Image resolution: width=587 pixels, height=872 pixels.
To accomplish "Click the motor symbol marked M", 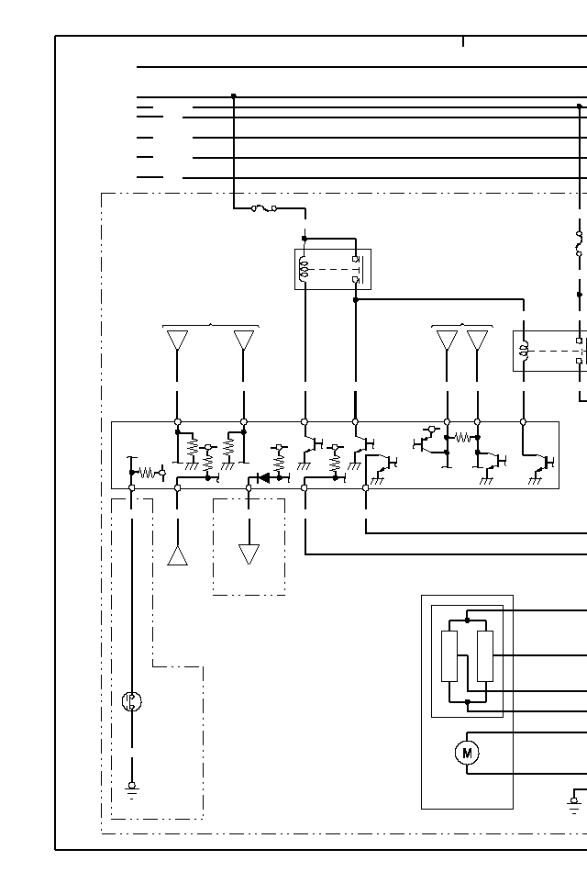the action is [x=467, y=754].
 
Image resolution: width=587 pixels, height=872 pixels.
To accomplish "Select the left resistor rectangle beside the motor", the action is [x=449, y=655].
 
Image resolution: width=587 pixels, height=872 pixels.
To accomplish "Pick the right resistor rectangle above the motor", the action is [x=485, y=655].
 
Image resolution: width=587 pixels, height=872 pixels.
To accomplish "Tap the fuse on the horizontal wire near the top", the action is [x=264, y=208].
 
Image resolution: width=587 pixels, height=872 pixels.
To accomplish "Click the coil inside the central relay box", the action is [x=304, y=270].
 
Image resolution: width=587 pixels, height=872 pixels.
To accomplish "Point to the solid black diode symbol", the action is [x=262, y=477].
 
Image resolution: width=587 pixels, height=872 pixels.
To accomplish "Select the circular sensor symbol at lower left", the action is [x=132, y=702].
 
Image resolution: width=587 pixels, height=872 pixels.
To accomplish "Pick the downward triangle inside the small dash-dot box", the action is [x=249, y=554].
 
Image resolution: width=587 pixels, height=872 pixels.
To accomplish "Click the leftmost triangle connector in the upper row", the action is [x=178, y=341].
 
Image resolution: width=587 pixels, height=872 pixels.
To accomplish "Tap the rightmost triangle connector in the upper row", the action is [x=478, y=341].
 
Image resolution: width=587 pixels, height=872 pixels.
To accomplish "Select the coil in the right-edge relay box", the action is [x=524, y=350].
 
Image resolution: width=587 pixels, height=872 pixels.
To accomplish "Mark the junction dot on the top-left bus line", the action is [x=234, y=95].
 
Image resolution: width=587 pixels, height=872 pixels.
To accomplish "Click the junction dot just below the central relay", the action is [x=356, y=299].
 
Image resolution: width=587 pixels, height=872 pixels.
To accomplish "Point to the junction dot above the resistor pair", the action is [x=467, y=620].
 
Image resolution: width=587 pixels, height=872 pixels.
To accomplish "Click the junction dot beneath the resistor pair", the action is [x=467, y=702].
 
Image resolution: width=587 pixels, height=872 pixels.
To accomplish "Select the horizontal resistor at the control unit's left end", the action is [x=147, y=474].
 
